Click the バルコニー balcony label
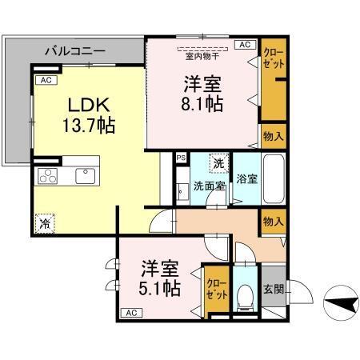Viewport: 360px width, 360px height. [x=75, y=50]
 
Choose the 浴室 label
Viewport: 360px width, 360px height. [x=247, y=179]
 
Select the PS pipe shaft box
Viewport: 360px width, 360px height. [x=181, y=158]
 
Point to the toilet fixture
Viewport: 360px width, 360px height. [x=246, y=298]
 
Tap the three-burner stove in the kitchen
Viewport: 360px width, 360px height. [x=48, y=175]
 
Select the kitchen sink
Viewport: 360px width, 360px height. [x=84, y=174]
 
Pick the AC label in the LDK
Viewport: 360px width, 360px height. [x=46, y=81]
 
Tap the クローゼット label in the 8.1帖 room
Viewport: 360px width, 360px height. [x=273, y=58]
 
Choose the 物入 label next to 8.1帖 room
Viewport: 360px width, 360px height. [x=274, y=137]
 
